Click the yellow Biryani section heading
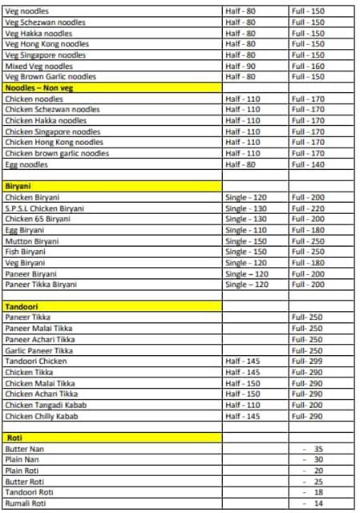tap(18, 186)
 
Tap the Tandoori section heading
tap(22, 306)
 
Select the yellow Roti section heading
tap(14, 438)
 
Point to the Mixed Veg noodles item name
tap(38, 66)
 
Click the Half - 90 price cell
tap(241, 66)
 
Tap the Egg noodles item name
tap(26, 164)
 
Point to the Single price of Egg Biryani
tap(246, 229)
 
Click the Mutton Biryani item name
tap(32, 240)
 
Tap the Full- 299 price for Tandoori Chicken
tap(307, 362)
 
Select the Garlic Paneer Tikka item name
tap(38, 350)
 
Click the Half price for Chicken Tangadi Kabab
tap(243, 406)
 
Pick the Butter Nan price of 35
tap(318, 449)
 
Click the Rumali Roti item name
tap(25, 503)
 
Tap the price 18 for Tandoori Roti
tap(318, 492)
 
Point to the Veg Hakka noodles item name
tap(38, 34)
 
